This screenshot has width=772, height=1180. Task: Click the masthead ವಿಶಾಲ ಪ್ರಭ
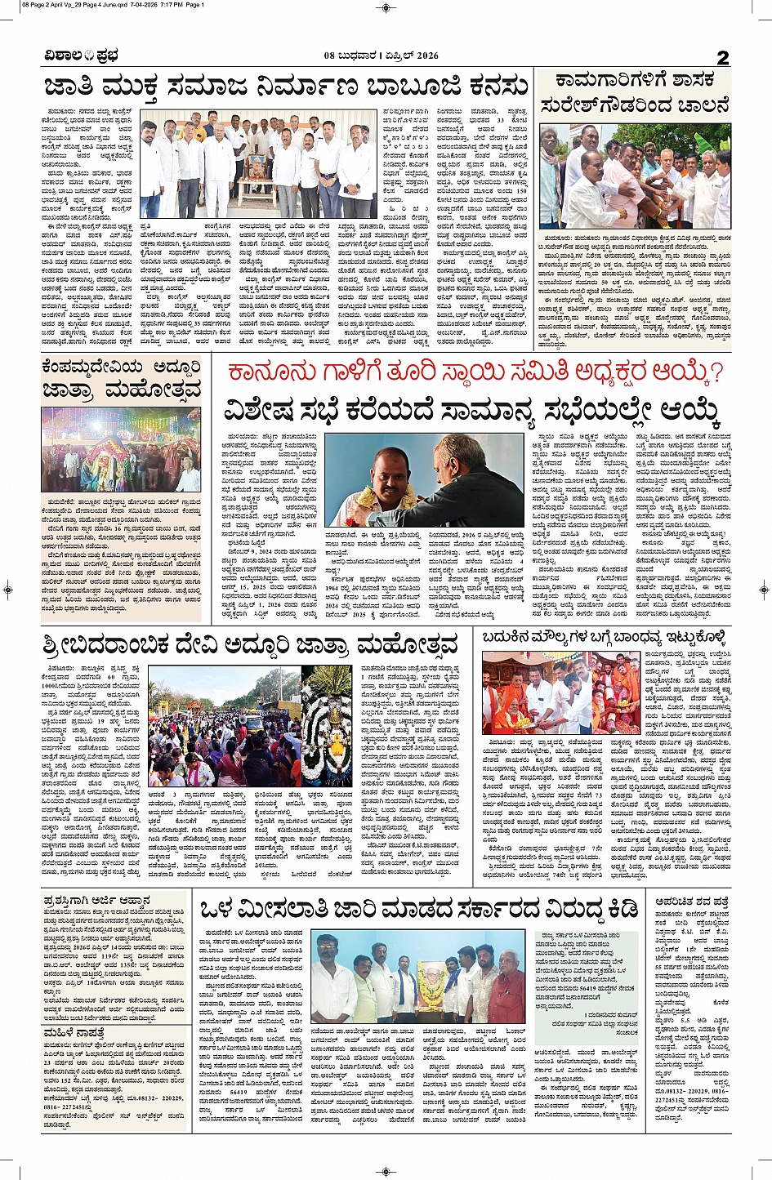(x=83, y=56)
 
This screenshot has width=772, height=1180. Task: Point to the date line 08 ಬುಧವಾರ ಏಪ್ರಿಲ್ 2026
(x=381, y=56)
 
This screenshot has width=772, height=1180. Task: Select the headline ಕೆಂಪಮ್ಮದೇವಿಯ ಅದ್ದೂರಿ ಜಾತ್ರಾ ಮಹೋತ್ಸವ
(x=122, y=377)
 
